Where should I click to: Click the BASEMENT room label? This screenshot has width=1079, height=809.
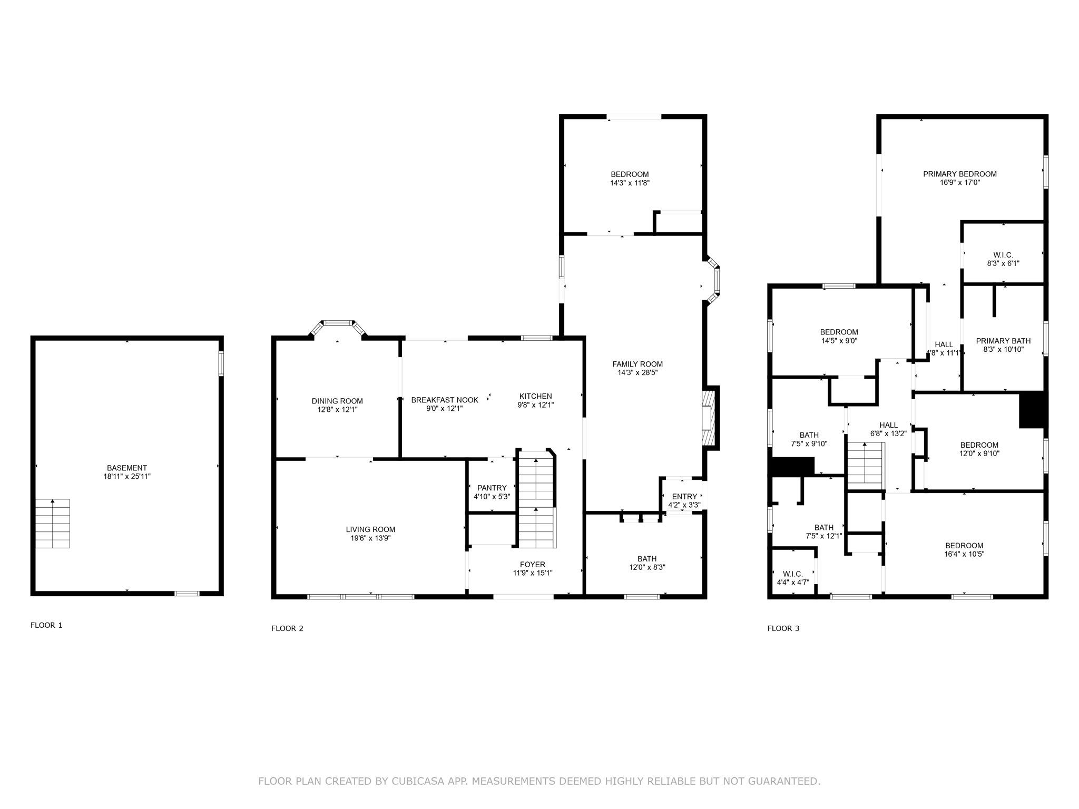click(x=126, y=468)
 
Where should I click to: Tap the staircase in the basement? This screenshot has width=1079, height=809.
click(x=52, y=524)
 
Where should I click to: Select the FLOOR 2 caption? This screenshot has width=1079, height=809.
click(x=287, y=628)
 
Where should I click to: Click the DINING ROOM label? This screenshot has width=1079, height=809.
click(x=337, y=401)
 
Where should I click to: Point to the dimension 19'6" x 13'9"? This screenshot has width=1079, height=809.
click(x=370, y=538)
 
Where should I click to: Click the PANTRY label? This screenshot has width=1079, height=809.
click(x=492, y=488)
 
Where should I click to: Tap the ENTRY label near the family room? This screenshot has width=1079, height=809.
click(x=684, y=496)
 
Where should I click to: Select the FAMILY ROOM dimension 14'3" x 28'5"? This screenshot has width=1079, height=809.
click(x=637, y=373)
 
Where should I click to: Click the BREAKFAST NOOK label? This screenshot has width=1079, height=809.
click(x=445, y=400)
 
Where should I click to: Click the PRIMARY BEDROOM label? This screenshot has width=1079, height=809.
click(x=960, y=174)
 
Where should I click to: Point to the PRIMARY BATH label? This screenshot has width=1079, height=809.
click(x=1003, y=341)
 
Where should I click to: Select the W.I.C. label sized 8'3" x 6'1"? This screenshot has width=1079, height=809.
click(x=1003, y=255)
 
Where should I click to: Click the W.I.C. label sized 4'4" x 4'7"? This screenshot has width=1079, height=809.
click(x=792, y=574)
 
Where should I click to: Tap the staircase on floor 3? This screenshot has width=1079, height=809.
click(x=865, y=466)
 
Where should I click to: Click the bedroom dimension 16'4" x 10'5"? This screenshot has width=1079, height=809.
click(x=964, y=554)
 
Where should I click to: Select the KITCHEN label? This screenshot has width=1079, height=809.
click(x=535, y=396)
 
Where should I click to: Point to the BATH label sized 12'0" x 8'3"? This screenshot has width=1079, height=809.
click(x=647, y=559)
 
